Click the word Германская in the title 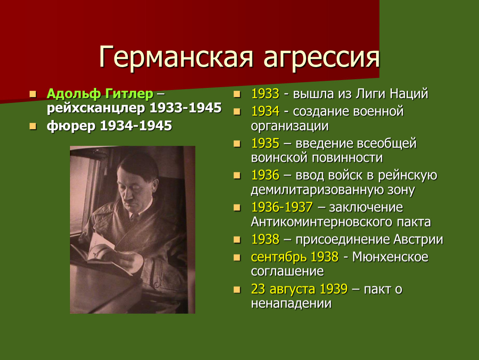point(176,57)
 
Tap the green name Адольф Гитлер point(100,93)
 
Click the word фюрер point(71,126)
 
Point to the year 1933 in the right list point(265,93)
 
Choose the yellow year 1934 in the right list point(265,111)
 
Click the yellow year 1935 point(265,143)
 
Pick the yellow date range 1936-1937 point(282,207)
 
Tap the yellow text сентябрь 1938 point(294,257)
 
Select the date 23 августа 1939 point(299,289)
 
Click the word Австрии point(418,240)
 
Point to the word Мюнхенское point(390,257)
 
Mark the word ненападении point(291,303)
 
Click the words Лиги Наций point(392,93)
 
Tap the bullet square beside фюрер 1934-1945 point(32,126)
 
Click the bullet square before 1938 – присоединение point(237,240)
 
